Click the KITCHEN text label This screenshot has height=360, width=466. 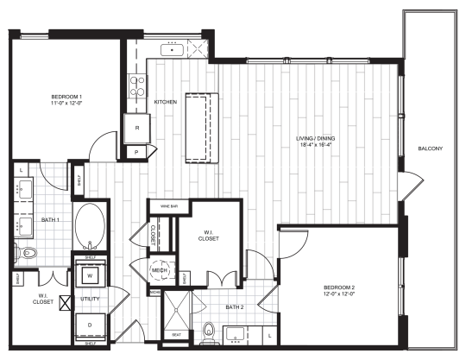click(x=165, y=102)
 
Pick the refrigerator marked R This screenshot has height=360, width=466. click(x=136, y=128)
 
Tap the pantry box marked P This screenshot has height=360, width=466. click(x=136, y=152)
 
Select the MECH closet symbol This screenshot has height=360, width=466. click(x=160, y=268)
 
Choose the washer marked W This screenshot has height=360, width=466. click(x=90, y=276)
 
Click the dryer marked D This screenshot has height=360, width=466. click(x=90, y=325)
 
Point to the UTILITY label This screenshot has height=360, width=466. click(x=90, y=300)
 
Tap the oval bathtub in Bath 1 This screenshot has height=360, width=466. click(x=88, y=228)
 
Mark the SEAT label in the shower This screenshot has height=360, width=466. click(x=176, y=334)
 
